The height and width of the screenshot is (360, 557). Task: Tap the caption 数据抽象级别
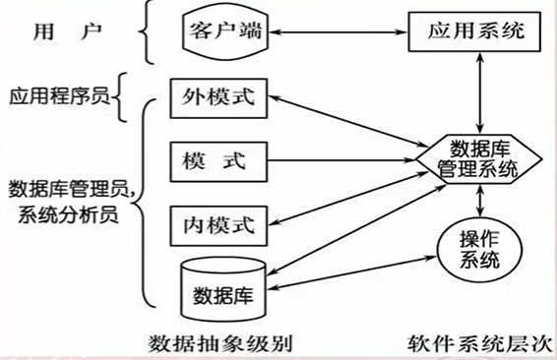pyautogui.click(x=221, y=344)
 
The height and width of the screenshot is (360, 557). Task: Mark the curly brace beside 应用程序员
pyautogui.click(x=124, y=98)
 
